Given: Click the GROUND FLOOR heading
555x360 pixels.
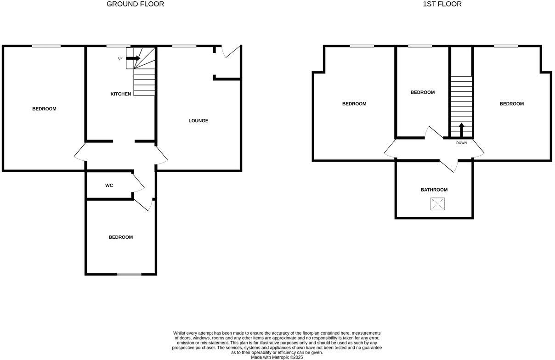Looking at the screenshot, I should pos(135,4).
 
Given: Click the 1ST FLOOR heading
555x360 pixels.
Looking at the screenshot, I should pos(442,4).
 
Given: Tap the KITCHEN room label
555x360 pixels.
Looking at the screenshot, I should pos(121,94).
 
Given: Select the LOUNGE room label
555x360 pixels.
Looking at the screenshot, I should pos(198,121).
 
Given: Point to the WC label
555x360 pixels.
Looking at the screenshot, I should pos(109,186).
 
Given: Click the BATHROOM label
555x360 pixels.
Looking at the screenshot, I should pos(434,190).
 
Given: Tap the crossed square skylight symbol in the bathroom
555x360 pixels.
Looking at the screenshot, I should pos(438,204).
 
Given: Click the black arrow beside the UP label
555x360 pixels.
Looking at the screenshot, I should pos(133,58).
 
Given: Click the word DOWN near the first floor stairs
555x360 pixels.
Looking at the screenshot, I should pos(461,143).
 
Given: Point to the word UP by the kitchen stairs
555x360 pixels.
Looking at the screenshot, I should pos(120,58).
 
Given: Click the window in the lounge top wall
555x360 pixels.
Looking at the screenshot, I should pos(184,46).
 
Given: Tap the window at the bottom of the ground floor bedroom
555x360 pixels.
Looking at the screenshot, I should pos(129,274).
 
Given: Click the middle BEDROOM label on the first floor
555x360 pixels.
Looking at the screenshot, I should pos(422,92).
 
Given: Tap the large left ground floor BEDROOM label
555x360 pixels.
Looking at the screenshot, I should pos(44,109).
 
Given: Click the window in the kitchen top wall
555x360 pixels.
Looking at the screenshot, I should pos(118,46).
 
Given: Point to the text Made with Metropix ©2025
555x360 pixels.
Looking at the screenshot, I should pos(277,357).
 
